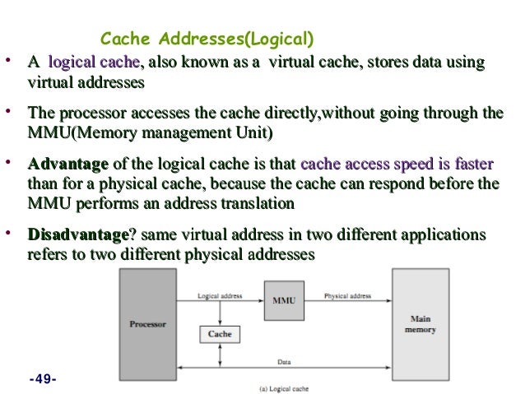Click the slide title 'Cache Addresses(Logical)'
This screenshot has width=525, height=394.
pyautogui.click(x=207, y=39)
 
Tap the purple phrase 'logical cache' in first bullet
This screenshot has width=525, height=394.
pyautogui.click(x=95, y=63)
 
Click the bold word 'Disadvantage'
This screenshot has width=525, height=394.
pyautogui.click(x=78, y=236)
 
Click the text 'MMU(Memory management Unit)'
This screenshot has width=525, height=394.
pyautogui.click(x=150, y=132)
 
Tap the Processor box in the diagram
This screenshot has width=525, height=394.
pyautogui.click(x=147, y=324)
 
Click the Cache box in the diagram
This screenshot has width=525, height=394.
pyautogui.click(x=219, y=334)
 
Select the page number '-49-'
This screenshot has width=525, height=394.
pyautogui.click(x=41, y=379)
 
